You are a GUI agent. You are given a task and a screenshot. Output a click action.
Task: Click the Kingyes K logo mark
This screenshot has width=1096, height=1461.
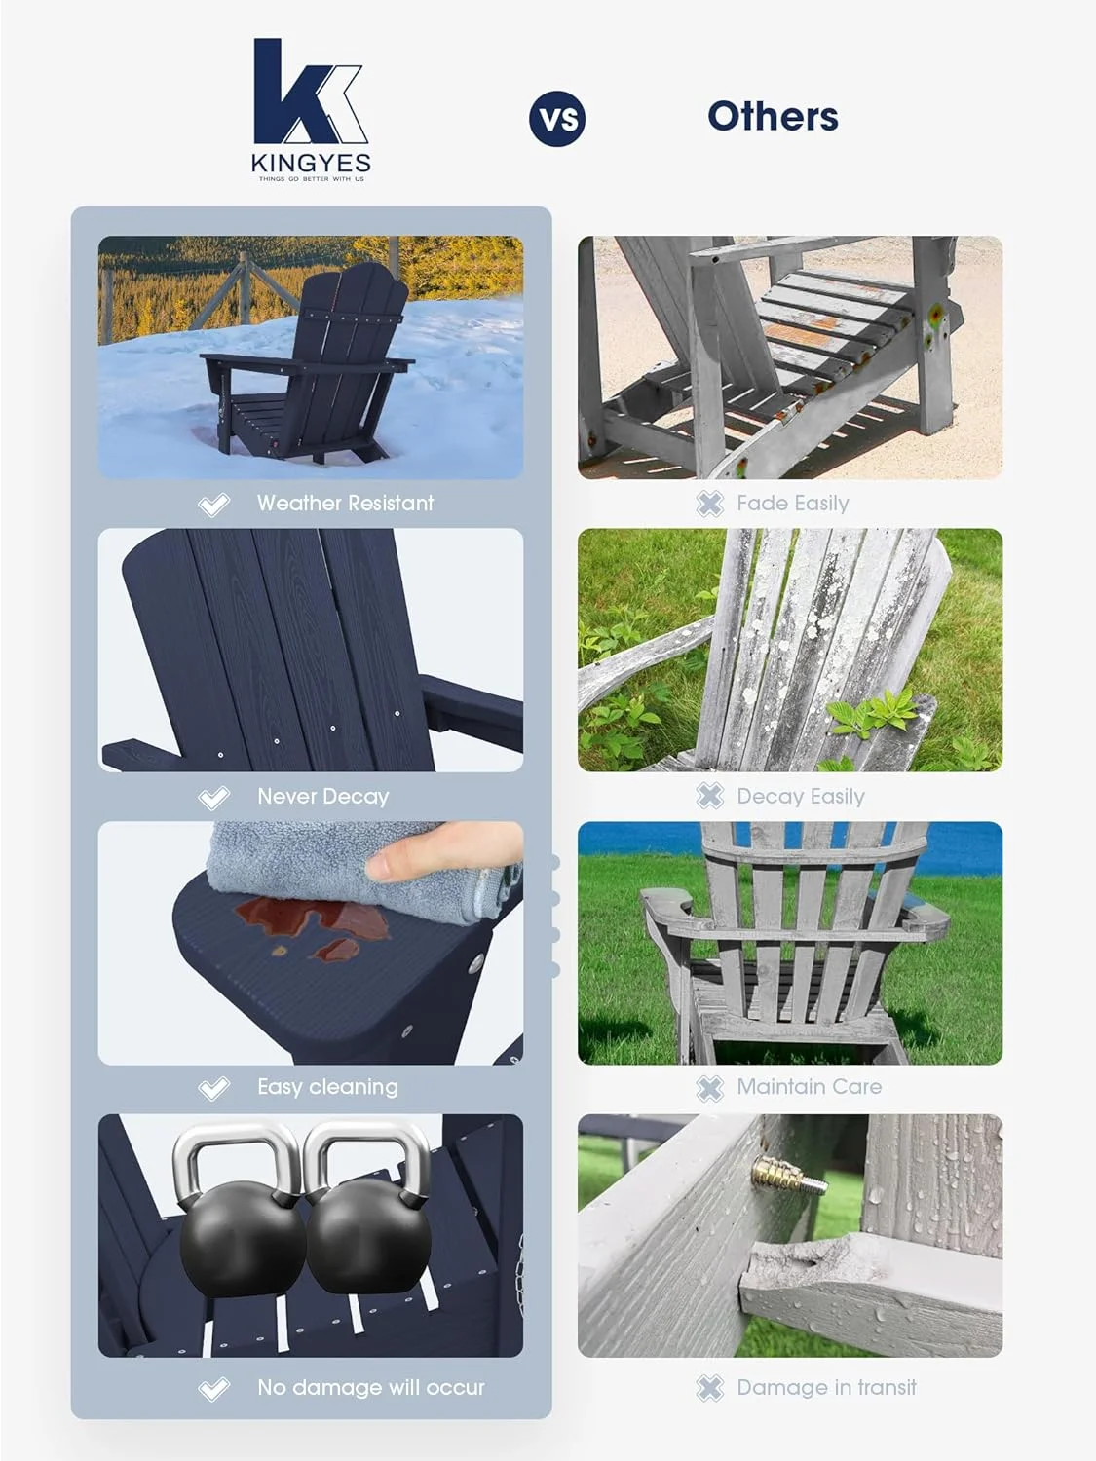coord(307,93)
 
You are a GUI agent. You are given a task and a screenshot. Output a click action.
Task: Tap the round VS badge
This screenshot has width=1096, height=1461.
coord(557,119)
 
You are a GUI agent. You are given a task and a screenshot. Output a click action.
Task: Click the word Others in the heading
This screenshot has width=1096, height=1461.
coord(773,117)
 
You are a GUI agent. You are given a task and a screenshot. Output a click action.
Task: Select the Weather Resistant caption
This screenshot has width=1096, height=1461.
coord(345,504)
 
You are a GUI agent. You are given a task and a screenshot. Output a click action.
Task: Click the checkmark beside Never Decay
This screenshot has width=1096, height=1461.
coord(213,798)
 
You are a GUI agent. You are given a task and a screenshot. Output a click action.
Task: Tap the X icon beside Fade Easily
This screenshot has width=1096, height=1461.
coord(710,504)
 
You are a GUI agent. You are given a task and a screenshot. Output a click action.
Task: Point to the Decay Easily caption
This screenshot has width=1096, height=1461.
coord(800,797)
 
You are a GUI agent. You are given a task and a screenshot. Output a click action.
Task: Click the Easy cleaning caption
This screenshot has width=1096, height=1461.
coord(327,1087)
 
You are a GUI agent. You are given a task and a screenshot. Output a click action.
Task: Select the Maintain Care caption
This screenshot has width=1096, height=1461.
coord(809,1087)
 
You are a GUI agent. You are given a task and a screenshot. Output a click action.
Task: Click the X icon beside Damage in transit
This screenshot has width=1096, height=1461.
coord(710,1388)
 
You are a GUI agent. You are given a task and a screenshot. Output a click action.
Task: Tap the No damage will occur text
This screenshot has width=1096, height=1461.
coord(370,1388)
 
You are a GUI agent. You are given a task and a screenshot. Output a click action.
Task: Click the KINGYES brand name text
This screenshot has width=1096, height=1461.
coord(311,163)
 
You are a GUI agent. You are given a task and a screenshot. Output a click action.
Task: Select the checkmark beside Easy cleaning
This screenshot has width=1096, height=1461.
coord(213,1088)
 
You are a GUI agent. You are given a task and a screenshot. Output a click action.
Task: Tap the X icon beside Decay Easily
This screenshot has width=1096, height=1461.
coord(710,797)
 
